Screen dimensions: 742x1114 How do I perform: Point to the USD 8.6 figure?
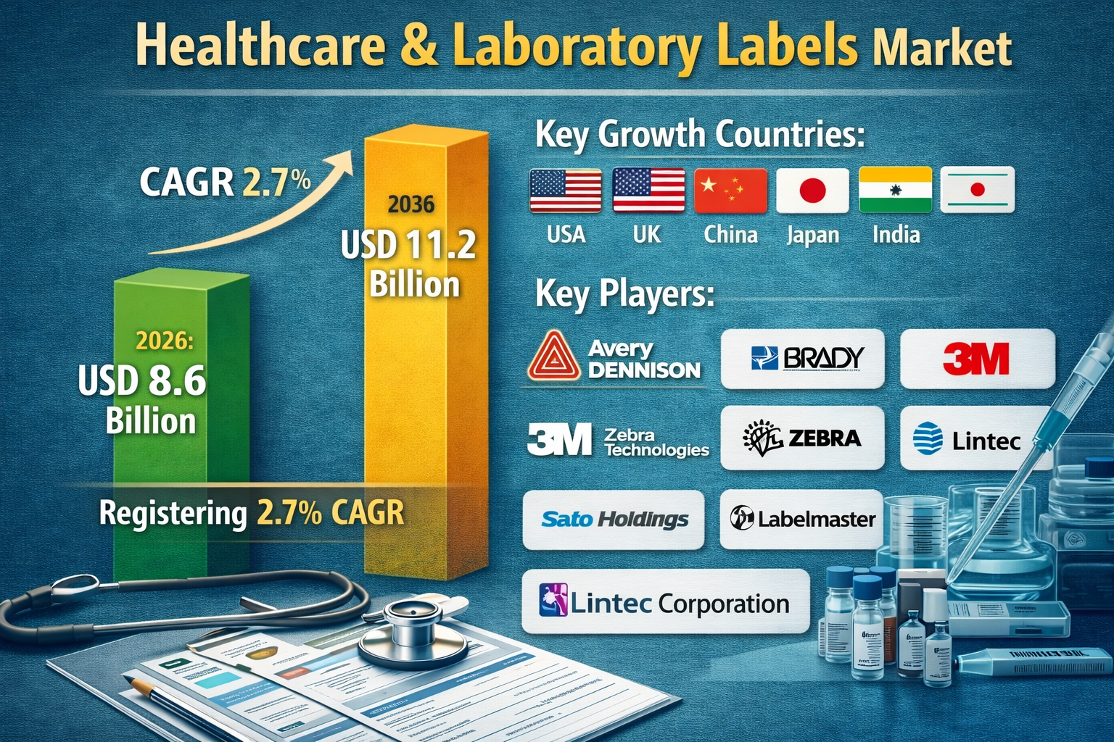point(142,380)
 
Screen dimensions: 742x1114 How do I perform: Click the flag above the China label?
point(730,191)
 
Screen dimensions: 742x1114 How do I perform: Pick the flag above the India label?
point(895,190)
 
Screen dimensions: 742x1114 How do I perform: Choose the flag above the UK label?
point(648,191)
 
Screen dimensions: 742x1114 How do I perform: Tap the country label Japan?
point(812,235)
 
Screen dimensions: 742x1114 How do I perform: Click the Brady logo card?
point(802,359)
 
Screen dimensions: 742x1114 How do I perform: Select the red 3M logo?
point(976,359)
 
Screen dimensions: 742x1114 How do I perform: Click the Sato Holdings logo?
point(614,520)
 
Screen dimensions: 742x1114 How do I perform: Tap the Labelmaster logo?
point(801,519)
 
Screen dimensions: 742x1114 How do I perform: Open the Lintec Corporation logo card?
point(665,602)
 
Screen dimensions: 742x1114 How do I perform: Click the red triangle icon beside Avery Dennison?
point(554,357)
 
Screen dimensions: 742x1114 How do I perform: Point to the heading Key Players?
point(624,294)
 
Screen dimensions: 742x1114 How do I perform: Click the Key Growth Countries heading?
point(700,135)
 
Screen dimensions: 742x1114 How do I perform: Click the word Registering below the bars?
point(173,513)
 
